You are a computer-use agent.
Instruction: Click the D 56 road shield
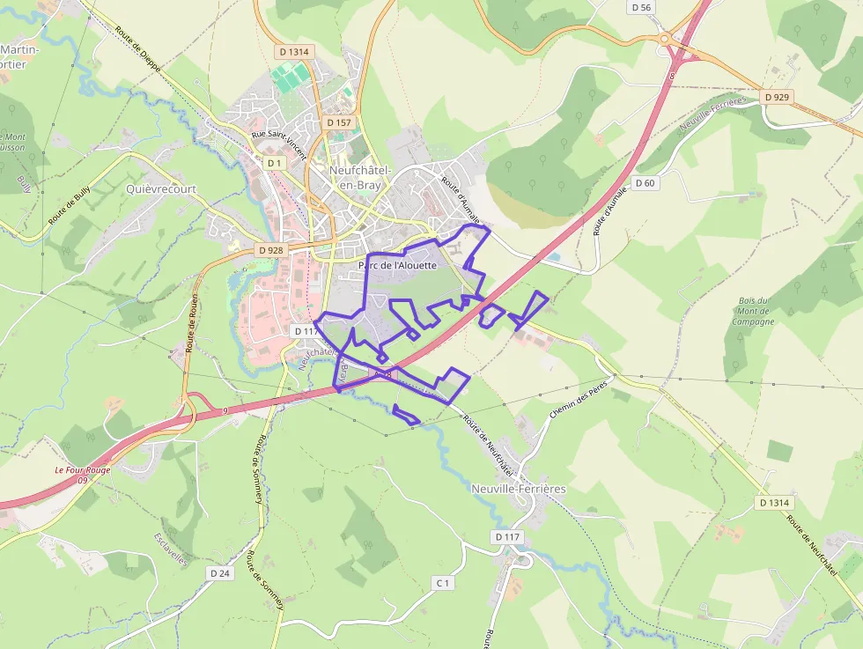point(642,7)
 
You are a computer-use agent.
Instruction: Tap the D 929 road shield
point(776,96)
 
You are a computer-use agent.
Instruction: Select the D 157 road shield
point(337,122)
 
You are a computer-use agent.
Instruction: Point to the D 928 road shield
point(271,250)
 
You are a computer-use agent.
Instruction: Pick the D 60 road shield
point(645,183)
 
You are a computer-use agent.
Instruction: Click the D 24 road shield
point(220,573)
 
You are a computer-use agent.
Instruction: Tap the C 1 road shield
point(442,583)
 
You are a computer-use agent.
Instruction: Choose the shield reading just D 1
point(274,163)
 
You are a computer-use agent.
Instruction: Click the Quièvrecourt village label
point(161,188)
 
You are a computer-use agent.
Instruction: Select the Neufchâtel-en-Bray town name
point(360,177)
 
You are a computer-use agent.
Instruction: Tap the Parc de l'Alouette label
point(397,265)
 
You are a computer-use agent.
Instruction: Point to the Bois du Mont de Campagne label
point(753,311)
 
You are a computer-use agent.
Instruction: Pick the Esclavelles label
point(171,549)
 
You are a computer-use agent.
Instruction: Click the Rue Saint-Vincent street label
point(278,146)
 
